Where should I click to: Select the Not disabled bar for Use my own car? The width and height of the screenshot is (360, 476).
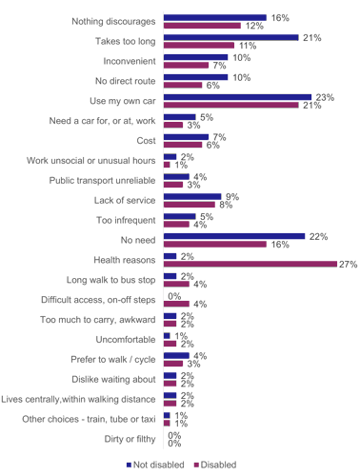tap(237, 96)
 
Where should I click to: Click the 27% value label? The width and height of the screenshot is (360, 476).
tap(348, 264)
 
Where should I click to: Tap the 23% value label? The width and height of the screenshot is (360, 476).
tap(324, 96)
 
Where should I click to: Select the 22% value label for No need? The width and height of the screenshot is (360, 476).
tap(317, 235)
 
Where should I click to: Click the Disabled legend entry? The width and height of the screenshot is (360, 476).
tap(215, 465)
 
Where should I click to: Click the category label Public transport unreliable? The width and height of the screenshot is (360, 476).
tap(104, 177)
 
